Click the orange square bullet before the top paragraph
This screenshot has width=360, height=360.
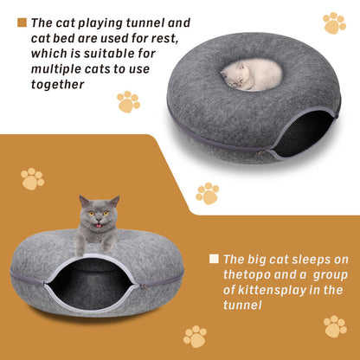(22, 22)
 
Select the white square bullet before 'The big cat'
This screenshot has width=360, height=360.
(213, 258)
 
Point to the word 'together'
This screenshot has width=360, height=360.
(57, 84)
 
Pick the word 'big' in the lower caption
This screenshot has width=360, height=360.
(254, 259)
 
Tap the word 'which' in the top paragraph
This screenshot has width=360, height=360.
(50, 54)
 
